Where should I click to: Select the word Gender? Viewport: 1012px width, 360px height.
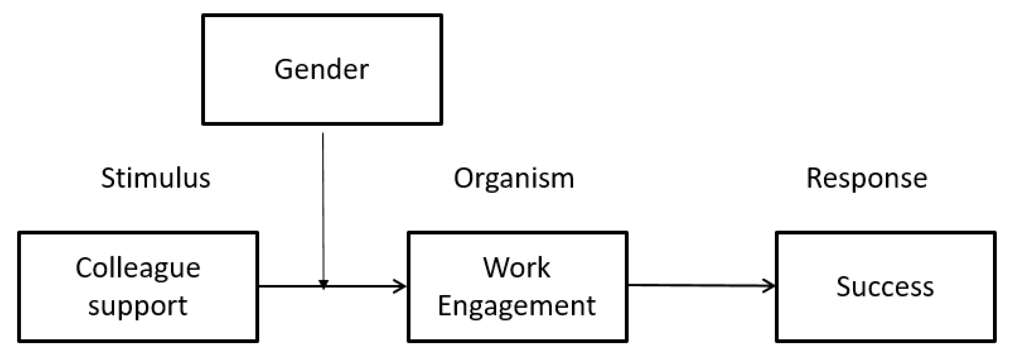pyautogui.click(x=321, y=70)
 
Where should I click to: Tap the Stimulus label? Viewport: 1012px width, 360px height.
pyautogui.click(x=155, y=178)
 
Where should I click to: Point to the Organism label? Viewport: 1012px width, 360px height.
pyautogui.click(x=514, y=178)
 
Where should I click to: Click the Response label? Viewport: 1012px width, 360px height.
pyautogui.click(x=867, y=178)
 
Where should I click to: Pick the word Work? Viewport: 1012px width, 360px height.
pyautogui.click(x=517, y=268)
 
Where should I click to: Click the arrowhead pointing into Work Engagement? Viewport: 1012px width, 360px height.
pyautogui.click(x=401, y=286)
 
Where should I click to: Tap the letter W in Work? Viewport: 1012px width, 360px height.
pyautogui.click(x=497, y=268)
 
